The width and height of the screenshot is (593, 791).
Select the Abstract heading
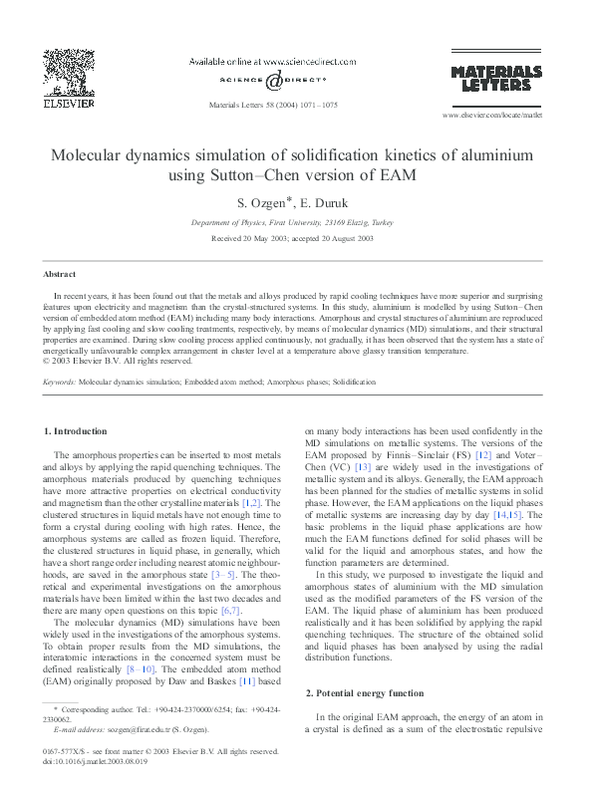pos(60,273)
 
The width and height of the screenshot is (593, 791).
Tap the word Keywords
pos(60,382)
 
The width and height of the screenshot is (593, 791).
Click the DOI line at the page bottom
pos(96,760)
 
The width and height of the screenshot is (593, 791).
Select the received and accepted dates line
pos(296,239)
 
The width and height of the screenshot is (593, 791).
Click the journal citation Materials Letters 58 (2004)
pos(271,103)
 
